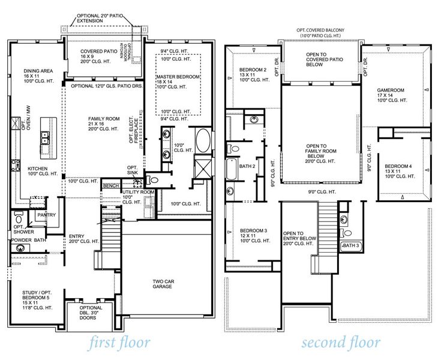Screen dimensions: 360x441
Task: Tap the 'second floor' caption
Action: click(340, 343)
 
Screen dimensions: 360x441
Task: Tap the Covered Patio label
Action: click(99, 52)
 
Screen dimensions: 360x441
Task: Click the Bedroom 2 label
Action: click(253, 70)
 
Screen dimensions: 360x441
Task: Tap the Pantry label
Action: click(46, 214)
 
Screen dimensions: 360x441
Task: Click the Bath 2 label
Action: click(248, 166)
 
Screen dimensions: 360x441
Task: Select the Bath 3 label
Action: click(350, 246)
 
